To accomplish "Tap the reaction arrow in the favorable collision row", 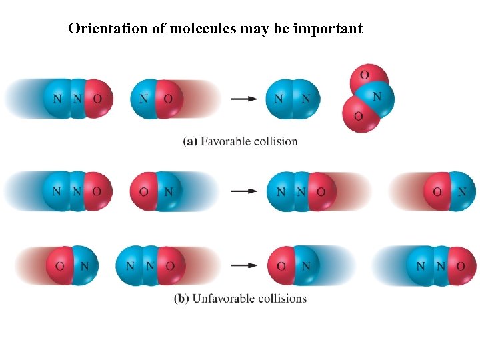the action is click(x=244, y=99).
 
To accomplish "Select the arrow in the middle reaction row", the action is click(x=244, y=191).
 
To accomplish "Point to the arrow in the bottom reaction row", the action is click(x=244, y=265).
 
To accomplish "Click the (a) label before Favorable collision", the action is click(x=189, y=141).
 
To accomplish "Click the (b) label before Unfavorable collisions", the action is click(x=181, y=299).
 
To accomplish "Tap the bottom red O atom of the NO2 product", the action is click(x=357, y=116).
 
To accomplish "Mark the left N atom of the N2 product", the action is click(x=280, y=99).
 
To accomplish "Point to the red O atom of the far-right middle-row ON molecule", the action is click(x=437, y=191).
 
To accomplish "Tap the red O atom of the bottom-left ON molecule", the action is click(x=59, y=265).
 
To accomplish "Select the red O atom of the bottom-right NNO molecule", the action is click(x=461, y=265).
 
